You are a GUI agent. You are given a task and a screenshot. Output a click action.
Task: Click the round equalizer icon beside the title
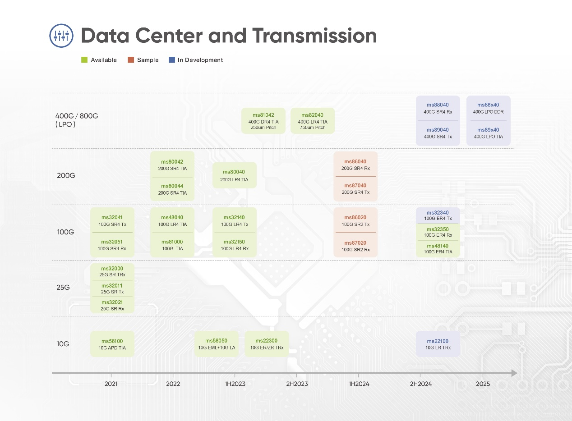(x=61, y=36)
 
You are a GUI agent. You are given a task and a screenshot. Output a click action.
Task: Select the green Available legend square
(x=84, y=60)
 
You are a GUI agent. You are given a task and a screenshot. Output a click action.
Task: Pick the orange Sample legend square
(x=131, y=60)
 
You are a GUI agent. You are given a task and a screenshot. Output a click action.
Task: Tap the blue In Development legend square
(x=172, y=60)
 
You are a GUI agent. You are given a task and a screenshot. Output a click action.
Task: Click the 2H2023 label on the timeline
(x=297, y=384)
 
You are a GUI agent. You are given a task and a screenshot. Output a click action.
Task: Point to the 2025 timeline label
(x=483, y=384)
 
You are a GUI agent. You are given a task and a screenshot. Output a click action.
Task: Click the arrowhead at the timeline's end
(x=514, y=373)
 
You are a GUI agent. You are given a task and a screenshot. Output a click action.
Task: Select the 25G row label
(x=63, y=288)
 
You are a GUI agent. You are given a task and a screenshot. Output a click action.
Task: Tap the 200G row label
(x=66, y=175)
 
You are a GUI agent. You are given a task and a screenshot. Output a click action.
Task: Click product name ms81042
(x=263, y=115)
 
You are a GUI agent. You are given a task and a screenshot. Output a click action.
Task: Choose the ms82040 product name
(x=312, y=115)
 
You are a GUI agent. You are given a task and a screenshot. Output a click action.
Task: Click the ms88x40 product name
(x=488, y=105)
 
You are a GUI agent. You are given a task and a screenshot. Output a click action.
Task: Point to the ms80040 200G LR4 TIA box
(x=235, y=175)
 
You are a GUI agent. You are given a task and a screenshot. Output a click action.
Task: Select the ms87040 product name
(x=355, y=186)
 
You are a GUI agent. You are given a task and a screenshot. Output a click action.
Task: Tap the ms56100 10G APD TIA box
(x=112, y=344)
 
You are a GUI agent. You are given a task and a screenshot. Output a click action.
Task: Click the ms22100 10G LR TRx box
(x=438, y=344)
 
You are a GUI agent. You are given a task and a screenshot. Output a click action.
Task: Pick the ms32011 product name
(x=112, y=286)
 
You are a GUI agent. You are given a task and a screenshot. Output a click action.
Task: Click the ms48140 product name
(x=438, y=246)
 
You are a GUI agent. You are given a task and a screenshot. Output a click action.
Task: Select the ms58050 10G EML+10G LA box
(x=217, y=344)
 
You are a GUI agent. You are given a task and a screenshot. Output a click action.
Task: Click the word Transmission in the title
(x=314, y=36)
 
